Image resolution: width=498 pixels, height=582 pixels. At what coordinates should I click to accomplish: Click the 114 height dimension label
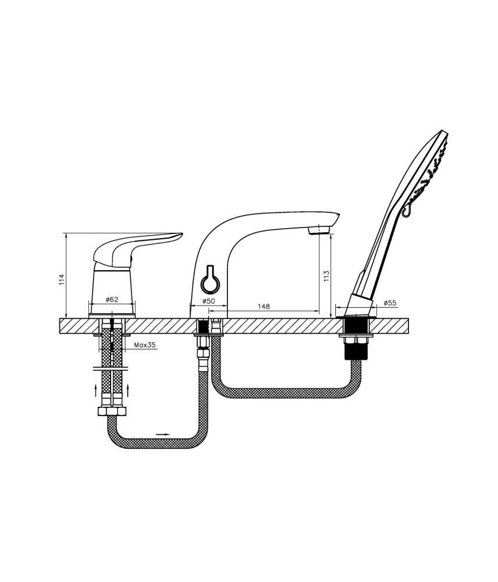[x=62, y=279]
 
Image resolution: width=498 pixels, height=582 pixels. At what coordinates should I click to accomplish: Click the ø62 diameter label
[x=111, y=299]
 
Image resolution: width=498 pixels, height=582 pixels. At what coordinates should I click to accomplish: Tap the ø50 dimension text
[x=208, y=301]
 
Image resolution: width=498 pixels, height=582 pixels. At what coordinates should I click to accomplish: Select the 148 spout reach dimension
[x=264, y=306]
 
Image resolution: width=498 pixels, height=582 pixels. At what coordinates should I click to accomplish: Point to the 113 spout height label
[x=326, y=275]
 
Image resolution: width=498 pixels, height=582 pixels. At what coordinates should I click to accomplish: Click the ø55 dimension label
[x=390, y=303]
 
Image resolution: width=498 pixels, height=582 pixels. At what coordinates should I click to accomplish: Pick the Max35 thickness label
[x=145, y=345]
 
